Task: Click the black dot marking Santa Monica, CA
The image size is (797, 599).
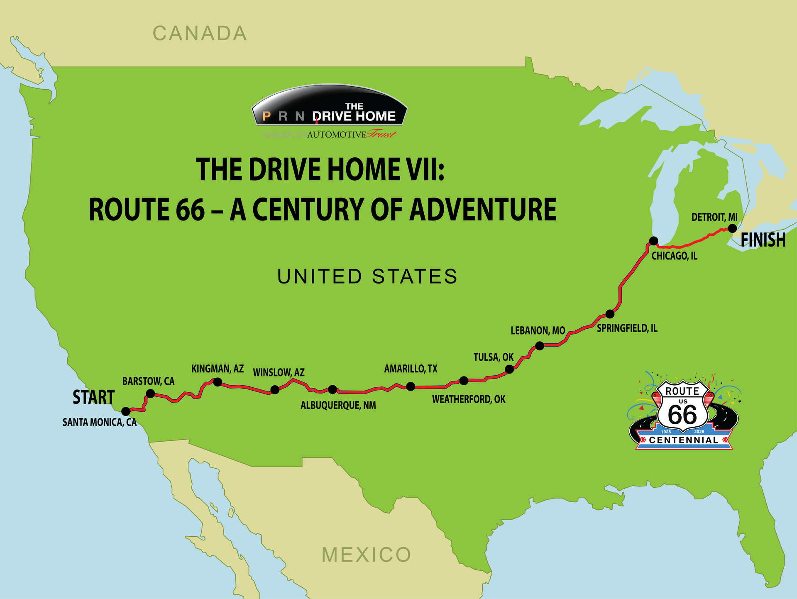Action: (126, 411)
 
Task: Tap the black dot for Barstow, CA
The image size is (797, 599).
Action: (151, 393)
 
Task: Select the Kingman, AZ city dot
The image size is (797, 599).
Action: (217, 382)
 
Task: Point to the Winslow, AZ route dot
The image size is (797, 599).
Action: (274, 389)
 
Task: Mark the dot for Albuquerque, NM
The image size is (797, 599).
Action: (332, 389)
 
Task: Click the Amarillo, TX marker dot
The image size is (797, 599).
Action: (411, 386)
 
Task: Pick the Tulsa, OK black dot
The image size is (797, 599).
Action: (509, 369)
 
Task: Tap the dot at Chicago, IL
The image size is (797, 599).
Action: (654, 241)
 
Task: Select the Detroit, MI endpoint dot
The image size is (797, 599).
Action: (733, 228)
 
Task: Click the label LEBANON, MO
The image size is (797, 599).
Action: (538, 331)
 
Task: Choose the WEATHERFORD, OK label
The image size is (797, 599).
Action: (469, 400)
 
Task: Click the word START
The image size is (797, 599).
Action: (93, 397)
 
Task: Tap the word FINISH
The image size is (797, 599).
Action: (763, 240)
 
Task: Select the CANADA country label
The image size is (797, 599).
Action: (200, 34)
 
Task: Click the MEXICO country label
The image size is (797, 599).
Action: (366, 555)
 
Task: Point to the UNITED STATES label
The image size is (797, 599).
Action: (367, 276)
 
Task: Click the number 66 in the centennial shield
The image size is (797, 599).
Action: (682, 415)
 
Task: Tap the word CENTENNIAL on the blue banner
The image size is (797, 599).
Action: (684, 440)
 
